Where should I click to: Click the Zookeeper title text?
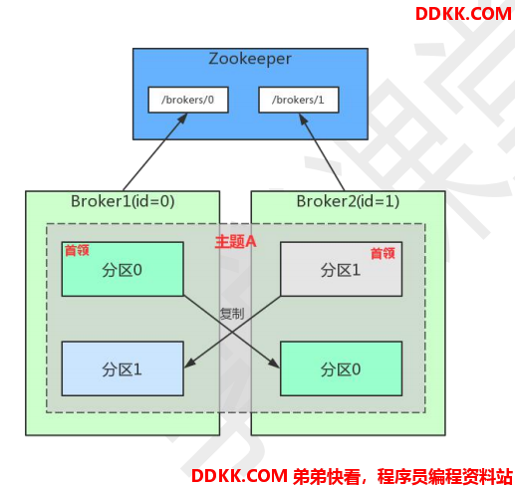(x=250, y=59)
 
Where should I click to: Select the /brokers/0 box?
(x=188, y=100)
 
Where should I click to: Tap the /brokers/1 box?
(x=299, y=100)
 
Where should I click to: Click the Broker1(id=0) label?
(x=123, y=201)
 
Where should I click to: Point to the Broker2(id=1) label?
(x=348, y=201)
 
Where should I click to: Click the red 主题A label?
(x=235, y=241)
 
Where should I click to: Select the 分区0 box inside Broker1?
(x=123, y=269)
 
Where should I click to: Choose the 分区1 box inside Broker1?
(x=123, y=368)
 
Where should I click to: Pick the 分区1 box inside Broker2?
(x=341, y=269)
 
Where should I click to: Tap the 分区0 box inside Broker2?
(x=341, y=368)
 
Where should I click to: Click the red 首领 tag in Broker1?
(x=77, y=250)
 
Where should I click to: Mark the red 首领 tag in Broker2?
(x=383, y=253)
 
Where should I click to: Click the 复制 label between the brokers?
(x=232, y=314)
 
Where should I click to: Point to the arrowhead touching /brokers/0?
(x=182, y=119)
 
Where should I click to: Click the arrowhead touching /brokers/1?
(x=303, y=120)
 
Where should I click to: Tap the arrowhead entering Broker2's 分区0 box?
(x=275, y=364)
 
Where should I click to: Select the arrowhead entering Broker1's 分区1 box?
(x=189, y=364)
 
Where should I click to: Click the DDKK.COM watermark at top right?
(x=463, y=14)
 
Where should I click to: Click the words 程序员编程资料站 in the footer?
(x=445, y=477)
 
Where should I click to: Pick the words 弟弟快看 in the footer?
(x=327, y=477)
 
